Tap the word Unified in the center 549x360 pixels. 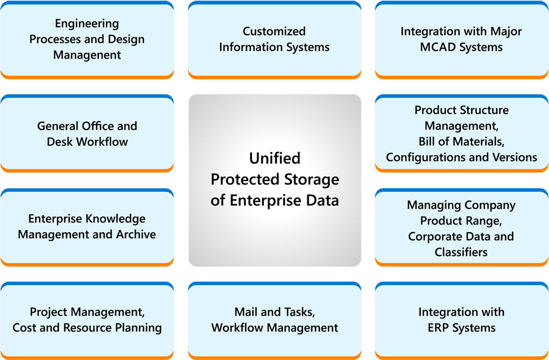pyautogui.click(x=274, y=159)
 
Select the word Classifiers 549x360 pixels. pyautogui.click(x=461, y=252)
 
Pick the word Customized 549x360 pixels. pyautogui.click(x=274, y=31)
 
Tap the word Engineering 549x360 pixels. pyautogui.click(x=87, y=24)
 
